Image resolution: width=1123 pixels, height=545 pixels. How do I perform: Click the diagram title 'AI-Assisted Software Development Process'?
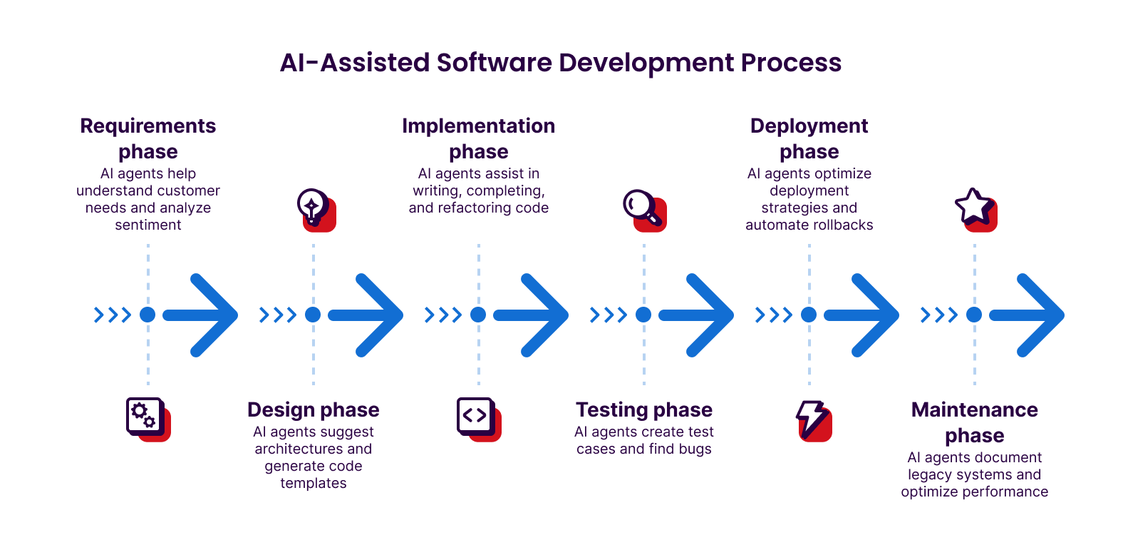click(x=561, y=63)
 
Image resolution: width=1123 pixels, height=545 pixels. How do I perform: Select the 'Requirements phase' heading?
click(x=148, y=138)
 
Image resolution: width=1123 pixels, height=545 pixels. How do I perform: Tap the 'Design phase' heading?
click(x=314, y=409)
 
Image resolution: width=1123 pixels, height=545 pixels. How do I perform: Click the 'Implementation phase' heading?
click(x=478, y=138)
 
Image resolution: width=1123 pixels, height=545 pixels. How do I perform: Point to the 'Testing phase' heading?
click(x=644, y=409)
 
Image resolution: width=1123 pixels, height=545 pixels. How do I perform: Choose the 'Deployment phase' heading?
click(x=809, y=138)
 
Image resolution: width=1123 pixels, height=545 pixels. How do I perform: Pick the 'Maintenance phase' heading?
click(x=974, y=422)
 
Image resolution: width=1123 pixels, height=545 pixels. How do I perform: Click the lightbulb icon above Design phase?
click(x=314, y=209)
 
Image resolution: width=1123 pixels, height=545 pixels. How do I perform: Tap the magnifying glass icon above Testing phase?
click(x=643, y=209)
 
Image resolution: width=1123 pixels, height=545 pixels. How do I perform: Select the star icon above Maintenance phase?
click(x=974, y=208)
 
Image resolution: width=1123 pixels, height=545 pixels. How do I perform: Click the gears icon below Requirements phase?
click(x=147, y=419)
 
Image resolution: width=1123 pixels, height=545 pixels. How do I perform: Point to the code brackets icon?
click(x=477, y=418)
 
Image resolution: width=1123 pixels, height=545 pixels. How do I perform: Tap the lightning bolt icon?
click(x=812, y=419)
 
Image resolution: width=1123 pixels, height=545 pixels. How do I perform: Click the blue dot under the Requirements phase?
click(x=148, y=315)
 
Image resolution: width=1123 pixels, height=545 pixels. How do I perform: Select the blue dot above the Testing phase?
click(x=643, y=315)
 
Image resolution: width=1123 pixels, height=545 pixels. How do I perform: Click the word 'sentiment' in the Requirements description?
click(x=148, y=225)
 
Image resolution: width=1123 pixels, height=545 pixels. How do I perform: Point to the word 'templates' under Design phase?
click(x=314, y=484)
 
